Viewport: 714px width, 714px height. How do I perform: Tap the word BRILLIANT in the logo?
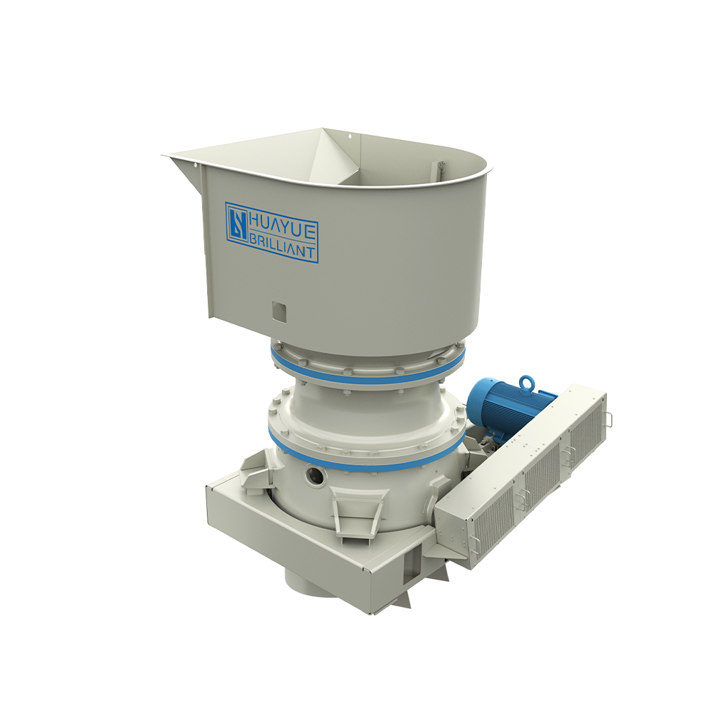pos(282,247)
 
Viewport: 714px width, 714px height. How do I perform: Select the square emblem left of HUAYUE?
pos(238,223)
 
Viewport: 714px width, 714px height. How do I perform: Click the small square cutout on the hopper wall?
pos(279,311)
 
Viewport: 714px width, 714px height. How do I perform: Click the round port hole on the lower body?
pos(315,476)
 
